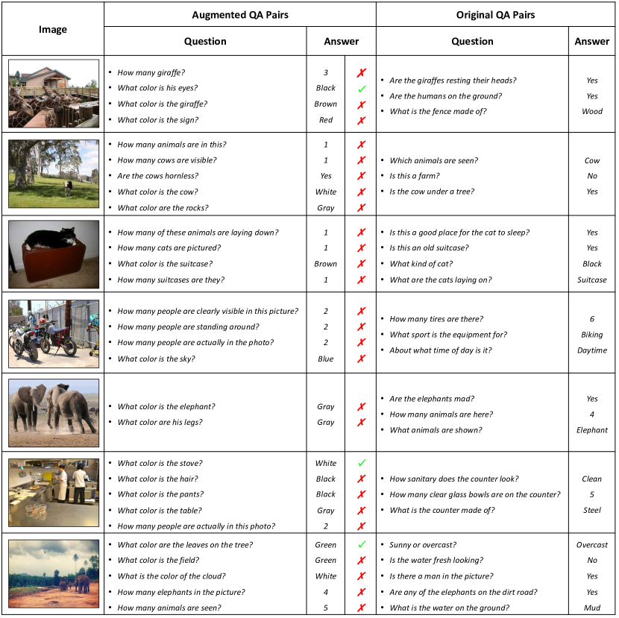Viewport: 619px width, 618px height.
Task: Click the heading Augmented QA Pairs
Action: (x=239, y=15)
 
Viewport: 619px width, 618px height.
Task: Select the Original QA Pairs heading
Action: (x=495, y=15)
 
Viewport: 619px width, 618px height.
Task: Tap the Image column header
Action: (x=52, y=30)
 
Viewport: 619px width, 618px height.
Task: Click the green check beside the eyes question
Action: (x=362, y=89)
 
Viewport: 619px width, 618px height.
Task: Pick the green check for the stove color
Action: (x=362, y=464)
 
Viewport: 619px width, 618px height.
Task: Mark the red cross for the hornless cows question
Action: (x=362, y=177)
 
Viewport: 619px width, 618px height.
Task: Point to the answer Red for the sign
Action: (x=326, y=120)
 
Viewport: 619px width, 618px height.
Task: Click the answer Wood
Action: (x=592, y=112)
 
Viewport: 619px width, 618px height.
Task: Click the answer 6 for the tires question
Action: (x=592, y=319)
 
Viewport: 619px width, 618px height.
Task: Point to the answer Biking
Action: (x=592, y=335)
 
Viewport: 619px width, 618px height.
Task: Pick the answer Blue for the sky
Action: (x=326, y=359)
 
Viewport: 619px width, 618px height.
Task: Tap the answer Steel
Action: (x=592, y=511)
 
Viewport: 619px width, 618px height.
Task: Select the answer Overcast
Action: (x=592, y=545)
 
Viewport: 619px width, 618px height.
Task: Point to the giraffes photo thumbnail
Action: (x=54, y=93)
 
